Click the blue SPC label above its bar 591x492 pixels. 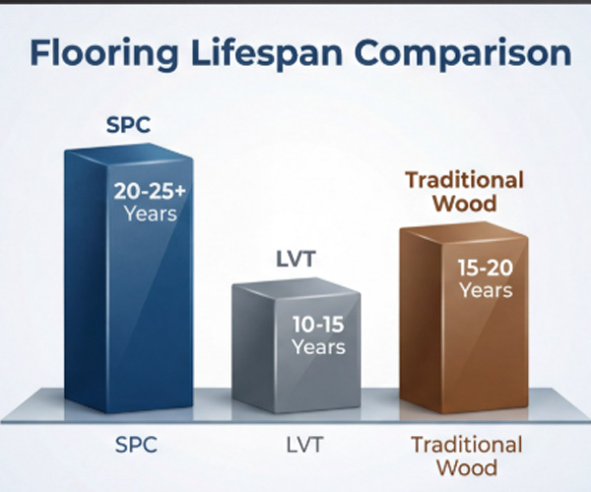[129, 126]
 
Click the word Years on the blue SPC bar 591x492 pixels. [150, 213]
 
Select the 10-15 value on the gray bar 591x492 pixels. [318, 326]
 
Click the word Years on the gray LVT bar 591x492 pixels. [318, 347]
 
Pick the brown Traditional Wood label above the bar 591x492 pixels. [465, 194]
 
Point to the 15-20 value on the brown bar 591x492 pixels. [485, 269]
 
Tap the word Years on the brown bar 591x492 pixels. [485, 290]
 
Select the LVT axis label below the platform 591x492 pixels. [299, 445]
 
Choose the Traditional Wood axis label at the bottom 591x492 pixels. [466, 456]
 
